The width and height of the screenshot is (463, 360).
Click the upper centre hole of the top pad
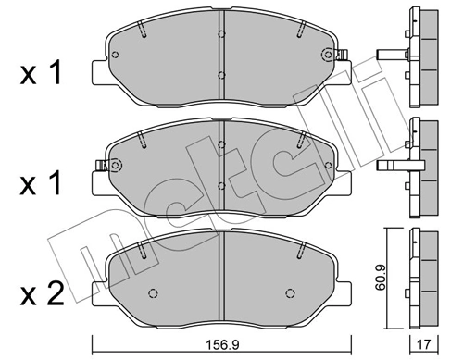point(221,34)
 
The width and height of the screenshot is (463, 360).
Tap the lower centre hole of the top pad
point(221,75)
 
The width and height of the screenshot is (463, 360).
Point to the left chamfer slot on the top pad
point(141,33)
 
